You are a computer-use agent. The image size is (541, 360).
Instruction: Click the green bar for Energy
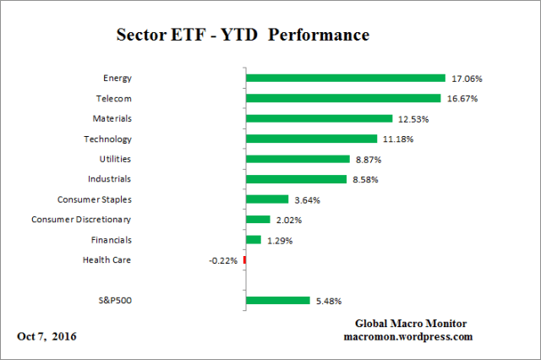click(x=345, y=78)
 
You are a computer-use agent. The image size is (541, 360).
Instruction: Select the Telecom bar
click(x=343, y=98)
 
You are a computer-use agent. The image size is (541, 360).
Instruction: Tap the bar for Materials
click(x=319, y=118)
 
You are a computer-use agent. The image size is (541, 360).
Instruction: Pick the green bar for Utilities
click(x=297, y=159)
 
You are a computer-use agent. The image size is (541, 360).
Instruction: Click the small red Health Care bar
click(x=244, y=260)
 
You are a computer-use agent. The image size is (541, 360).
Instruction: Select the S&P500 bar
click(x=277, y=300)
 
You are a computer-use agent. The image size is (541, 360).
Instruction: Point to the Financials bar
click(x=253, y=240)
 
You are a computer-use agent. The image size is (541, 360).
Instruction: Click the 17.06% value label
click(x=466, y=79)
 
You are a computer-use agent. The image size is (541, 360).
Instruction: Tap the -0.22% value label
click(x=223, y=260)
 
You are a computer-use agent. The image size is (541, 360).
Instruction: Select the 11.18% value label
click(x=397, y=139)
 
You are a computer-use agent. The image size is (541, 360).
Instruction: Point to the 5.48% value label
click(x=329, y=301)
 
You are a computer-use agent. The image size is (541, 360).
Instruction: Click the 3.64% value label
click(x=308, y=199)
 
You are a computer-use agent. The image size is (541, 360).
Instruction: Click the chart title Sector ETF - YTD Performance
click(x=242, y=37)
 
